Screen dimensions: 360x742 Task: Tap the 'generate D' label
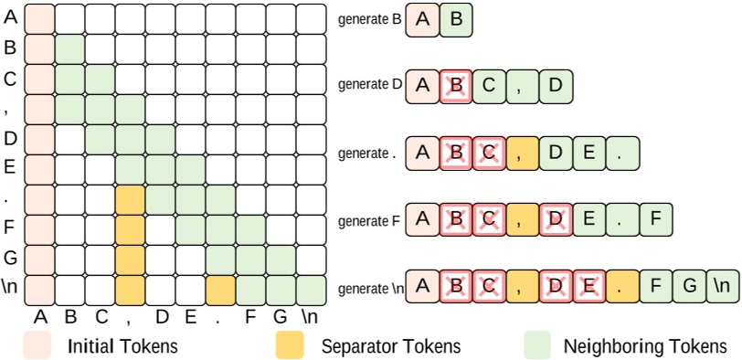[x=369, y=84]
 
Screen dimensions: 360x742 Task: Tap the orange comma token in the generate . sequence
[x=523, y=153]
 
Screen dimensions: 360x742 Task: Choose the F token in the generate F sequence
[x=654, y=219]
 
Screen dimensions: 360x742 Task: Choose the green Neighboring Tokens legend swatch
[x=538, y=344]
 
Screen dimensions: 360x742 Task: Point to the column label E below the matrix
[x=190, y=317]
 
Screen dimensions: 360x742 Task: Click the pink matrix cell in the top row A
[x=38, y=18]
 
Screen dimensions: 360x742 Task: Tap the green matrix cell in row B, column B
[x=69, y=48]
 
